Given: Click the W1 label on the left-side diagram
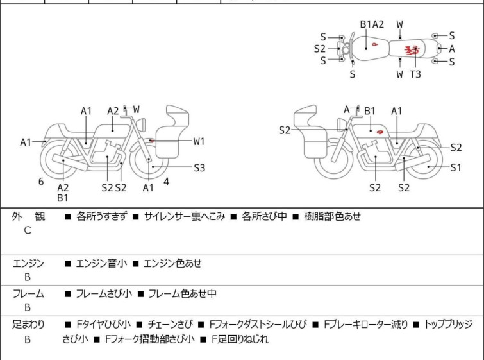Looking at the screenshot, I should coord(199,141).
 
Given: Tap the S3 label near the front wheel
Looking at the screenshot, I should coord(199,168).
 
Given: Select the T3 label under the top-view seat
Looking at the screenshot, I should coord(415,74).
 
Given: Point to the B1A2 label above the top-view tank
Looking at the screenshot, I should coord(372,24).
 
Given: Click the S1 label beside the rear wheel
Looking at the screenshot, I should coord(456,168).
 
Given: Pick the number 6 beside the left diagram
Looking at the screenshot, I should coord(41,182).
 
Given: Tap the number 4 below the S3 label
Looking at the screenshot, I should coord(167,182).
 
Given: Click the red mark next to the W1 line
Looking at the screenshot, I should coord(151,140).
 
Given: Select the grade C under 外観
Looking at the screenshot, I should coord(27,230).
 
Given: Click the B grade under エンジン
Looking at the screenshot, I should coord(27,277).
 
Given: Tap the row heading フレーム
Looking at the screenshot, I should coord(28,294).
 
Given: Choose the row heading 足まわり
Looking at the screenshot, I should coord(28,325).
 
